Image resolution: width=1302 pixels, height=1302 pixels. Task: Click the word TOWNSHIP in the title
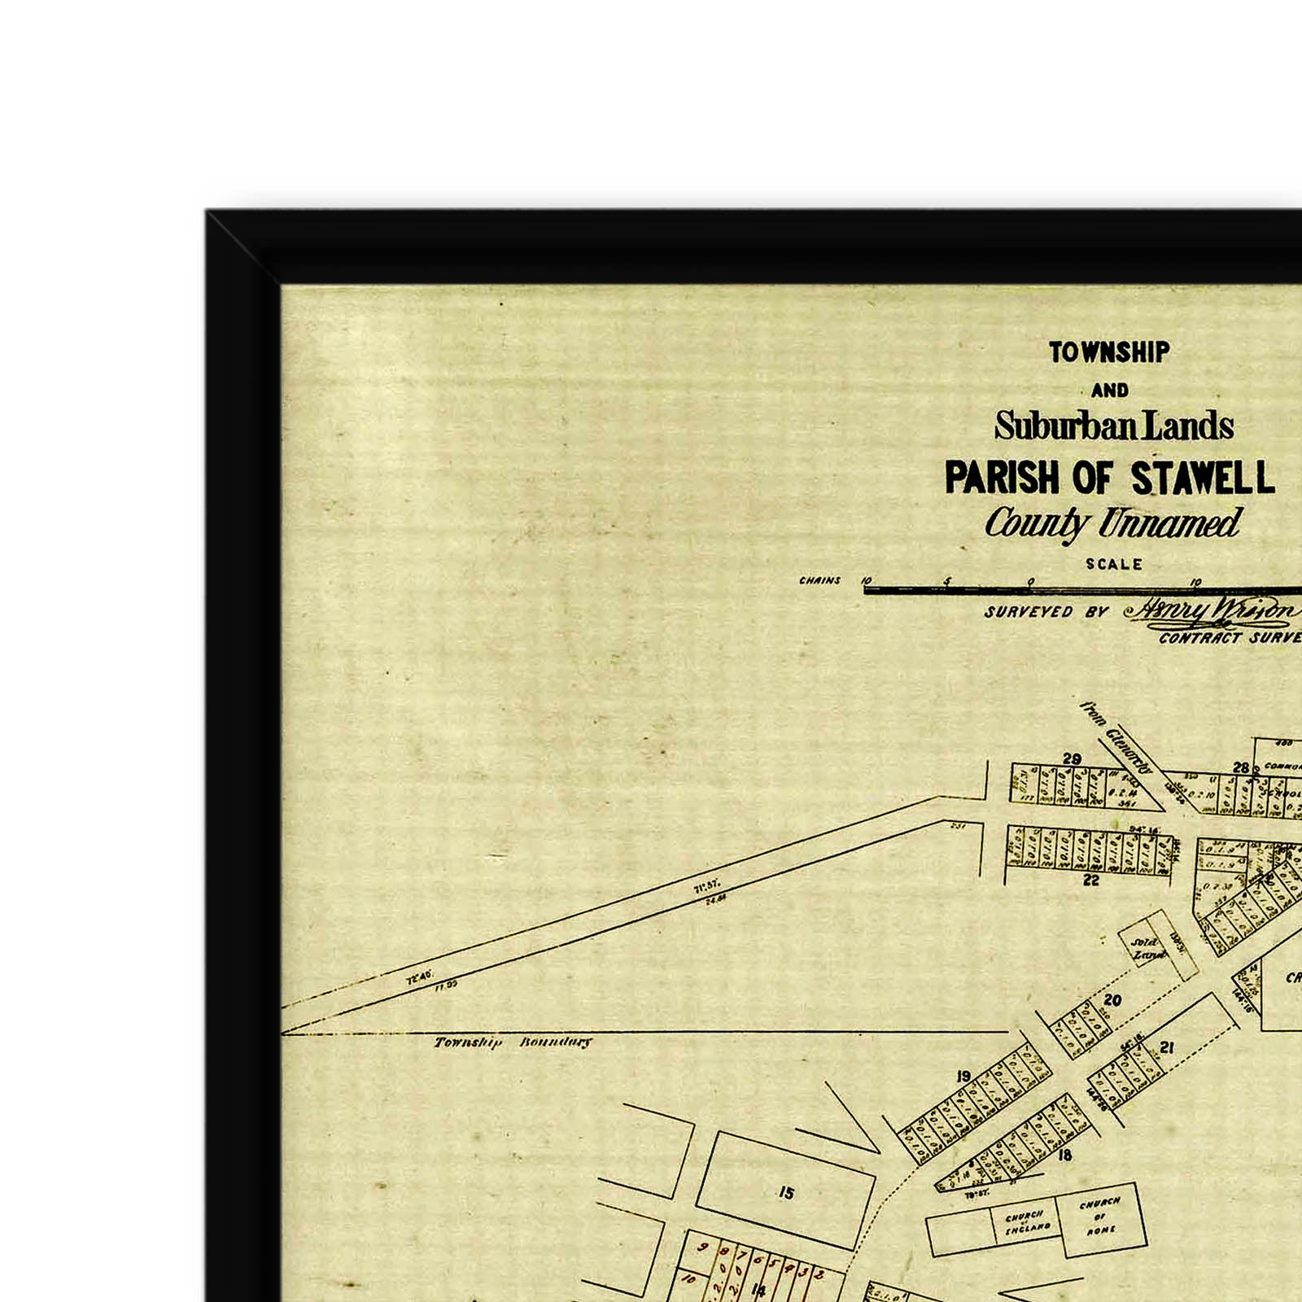point(1109,352)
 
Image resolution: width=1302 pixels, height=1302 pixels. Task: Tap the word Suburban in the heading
point(1057,426)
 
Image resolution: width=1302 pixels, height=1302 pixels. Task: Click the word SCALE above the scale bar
point(1114,564)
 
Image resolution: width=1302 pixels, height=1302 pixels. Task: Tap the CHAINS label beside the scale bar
point(819,581)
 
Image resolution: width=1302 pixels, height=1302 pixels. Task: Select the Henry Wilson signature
point(1212,611)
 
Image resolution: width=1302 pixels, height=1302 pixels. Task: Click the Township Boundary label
point(513,1042)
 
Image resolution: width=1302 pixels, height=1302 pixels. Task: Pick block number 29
point(1072,759)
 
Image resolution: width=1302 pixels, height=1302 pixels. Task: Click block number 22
point(1090,880)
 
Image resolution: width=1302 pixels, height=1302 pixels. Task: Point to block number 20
point(1112,1000)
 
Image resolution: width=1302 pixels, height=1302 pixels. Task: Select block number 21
point(1167,1047)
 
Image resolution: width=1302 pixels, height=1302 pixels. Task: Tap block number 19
point(963,1077)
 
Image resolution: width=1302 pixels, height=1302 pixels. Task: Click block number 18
point(1064,1154)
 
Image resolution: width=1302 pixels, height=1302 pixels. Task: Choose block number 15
point(785,1193)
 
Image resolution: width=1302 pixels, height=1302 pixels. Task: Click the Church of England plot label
point(1026,1221)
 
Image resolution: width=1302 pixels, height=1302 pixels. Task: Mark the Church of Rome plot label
point(1099,1216)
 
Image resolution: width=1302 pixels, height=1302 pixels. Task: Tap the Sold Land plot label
point(1147,948)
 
